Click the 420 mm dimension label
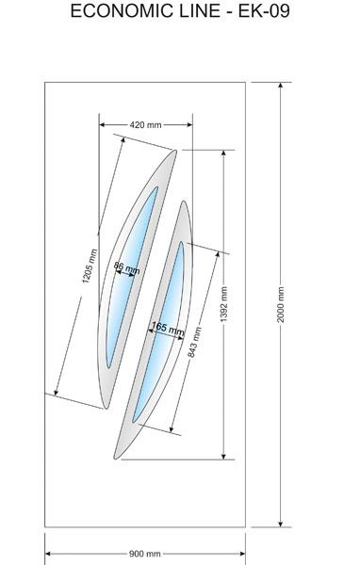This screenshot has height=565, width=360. click(145, 125)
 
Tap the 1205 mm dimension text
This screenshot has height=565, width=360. click(90, 266)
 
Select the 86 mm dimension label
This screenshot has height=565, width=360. click(126, 267)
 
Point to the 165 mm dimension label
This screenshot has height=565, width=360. click(168, 329)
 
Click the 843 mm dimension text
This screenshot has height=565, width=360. click(195, 343)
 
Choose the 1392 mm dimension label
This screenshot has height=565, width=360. click(223, 304)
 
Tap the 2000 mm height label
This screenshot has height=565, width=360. click(281, 304)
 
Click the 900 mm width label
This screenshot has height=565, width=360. click(144, 554)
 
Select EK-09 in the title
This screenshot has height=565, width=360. click(264, 10)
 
